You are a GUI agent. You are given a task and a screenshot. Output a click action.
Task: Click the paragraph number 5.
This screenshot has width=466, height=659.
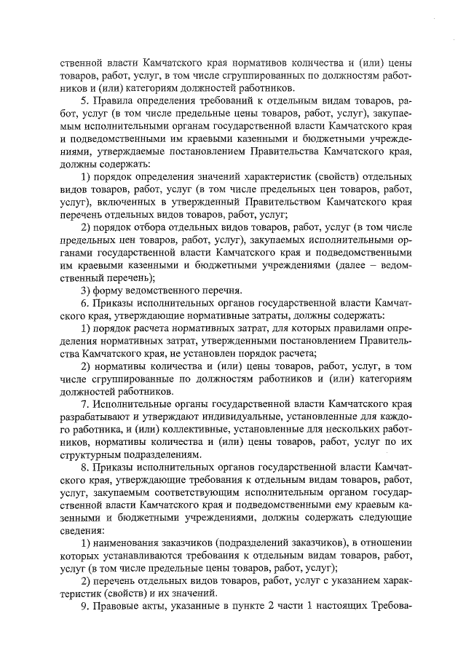tap(84, 101)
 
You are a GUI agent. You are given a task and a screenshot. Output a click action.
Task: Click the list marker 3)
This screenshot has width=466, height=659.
tap(84, 289)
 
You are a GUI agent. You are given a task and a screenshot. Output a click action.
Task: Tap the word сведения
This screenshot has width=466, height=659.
tap(82, 529)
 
